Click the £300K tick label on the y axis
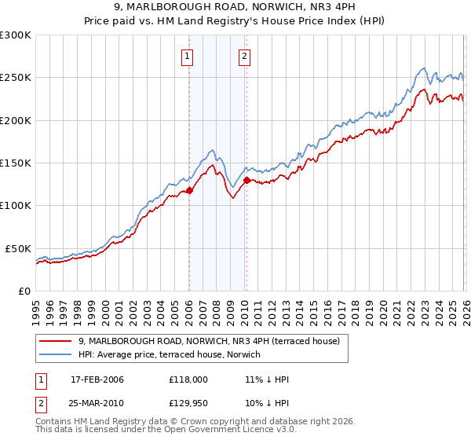(16, 35)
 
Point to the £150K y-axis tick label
(16, 163)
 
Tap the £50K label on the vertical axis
(18, 248)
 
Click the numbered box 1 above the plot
(188, 56)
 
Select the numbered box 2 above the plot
(245, 56)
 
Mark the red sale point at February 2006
(189, 190)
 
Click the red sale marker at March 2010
(246, 180)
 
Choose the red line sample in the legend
(57, 342)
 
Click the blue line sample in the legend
(57, 355)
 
